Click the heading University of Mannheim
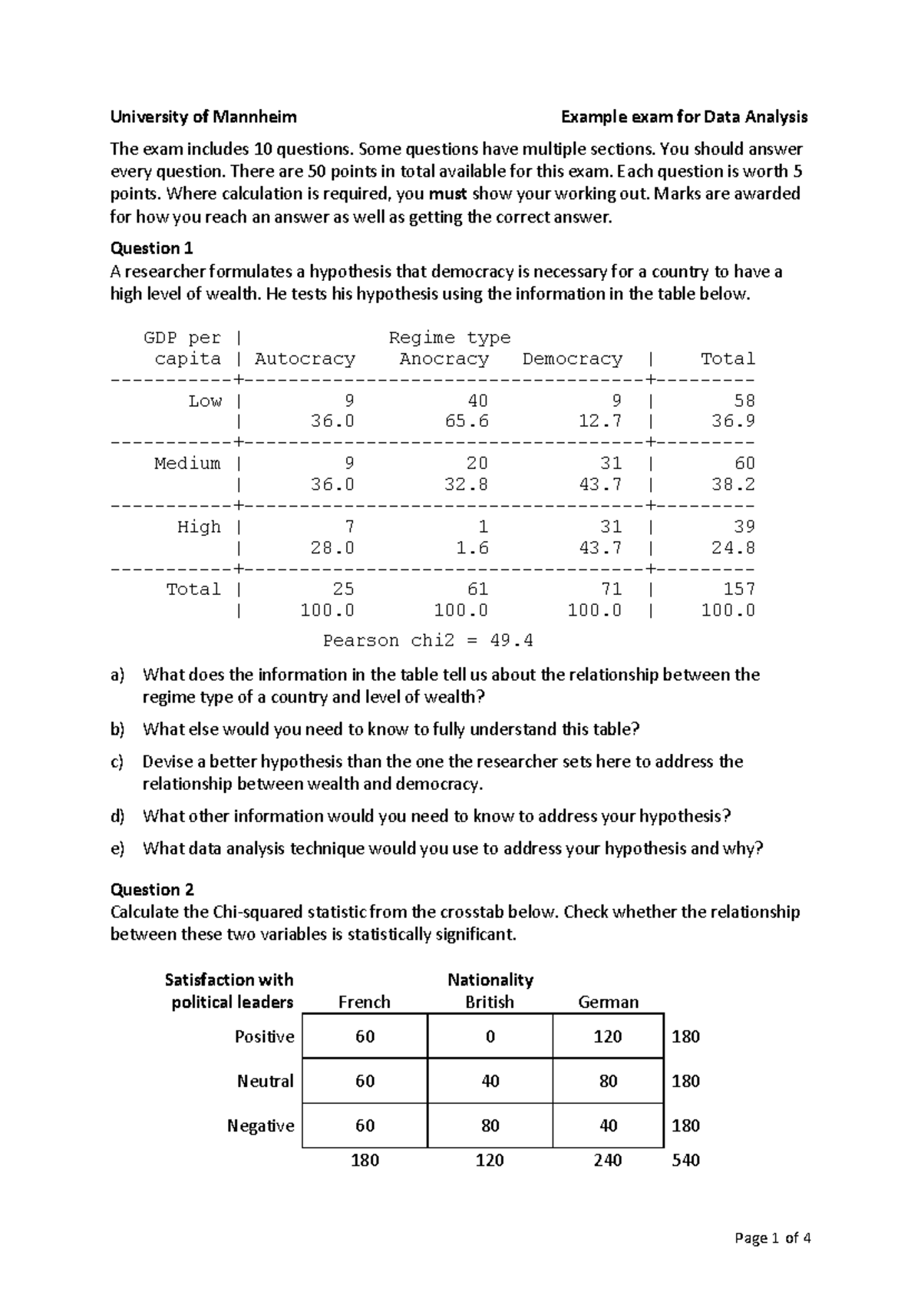coord(203,117)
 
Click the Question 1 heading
coord(151,248)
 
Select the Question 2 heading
coord(152,889)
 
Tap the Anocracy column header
coord(444,359)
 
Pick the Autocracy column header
coord(305,359)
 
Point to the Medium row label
coord(187,463)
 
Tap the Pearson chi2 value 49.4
coord(516,640)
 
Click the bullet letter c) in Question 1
coord(117,762)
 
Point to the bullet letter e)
coord(117,848)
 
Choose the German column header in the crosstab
coord(608,1002)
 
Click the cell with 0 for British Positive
coord(490,1036)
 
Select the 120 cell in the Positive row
coord(608,1036)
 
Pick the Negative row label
coord(260,1125)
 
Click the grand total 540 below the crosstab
coord(685,1160)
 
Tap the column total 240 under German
coord(608,1160)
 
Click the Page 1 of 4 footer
coord(772,1238)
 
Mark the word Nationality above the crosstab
coord(490,980)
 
